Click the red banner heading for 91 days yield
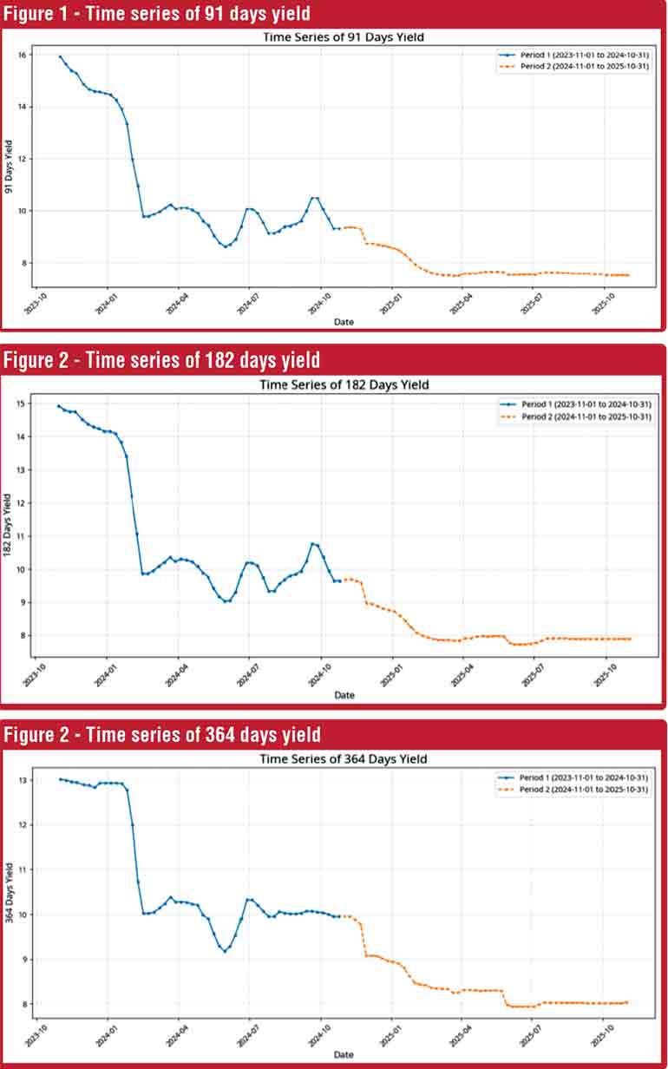[x=156, y=14]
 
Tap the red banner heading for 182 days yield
[x=161, y=359]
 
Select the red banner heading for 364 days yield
[x=161, y=735]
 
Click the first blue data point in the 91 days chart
[x=60, y=56]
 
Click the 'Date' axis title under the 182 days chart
[x=344, y=695]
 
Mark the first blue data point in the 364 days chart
[x=60, y=779]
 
